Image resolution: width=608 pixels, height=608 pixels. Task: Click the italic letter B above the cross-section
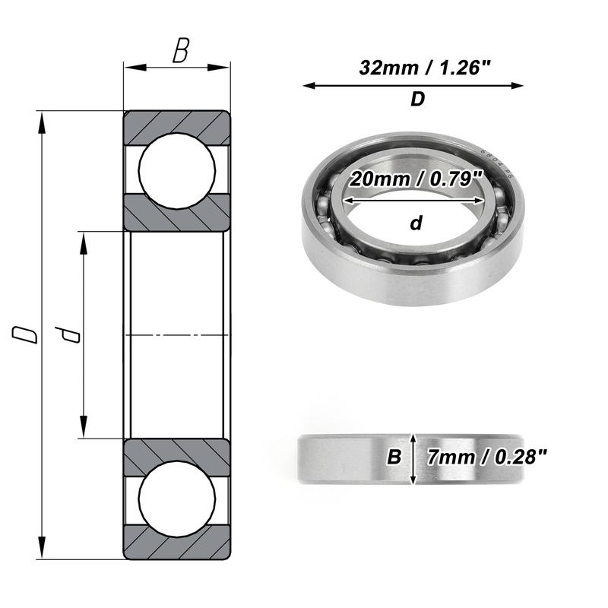pyautogui.click(x=180, y=52)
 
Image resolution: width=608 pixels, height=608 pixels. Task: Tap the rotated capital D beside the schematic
pyautogui.click(x=27, y=334)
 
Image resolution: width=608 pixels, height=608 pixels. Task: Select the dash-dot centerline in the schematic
pyautogui.click(x=176, y=334)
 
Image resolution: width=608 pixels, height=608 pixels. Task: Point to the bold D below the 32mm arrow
pyautogui.click(x=417, y=100)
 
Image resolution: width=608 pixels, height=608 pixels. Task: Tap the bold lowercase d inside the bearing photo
pyautogui.click(x=416, y=223)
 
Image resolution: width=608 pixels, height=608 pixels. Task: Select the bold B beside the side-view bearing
pyautogui.click(x=394, y=458)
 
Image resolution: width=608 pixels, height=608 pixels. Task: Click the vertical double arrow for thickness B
pyautogui.click(x=413, y=459)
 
